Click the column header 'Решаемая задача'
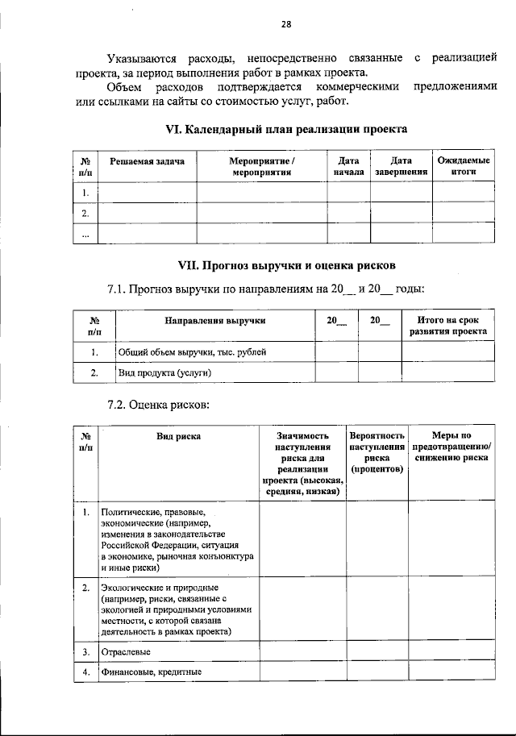coord(147,161)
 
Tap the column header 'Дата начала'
coord(348,167)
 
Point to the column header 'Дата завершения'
coord(401,167)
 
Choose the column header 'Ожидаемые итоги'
coord(464,167)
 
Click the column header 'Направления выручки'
coord(215,321)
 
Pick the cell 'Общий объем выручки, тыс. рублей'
coord(192,351)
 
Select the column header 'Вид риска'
coord(179,436)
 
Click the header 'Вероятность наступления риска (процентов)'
coord(377,452)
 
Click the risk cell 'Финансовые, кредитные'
coord(151,672)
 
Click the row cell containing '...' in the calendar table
coord(85,234)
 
